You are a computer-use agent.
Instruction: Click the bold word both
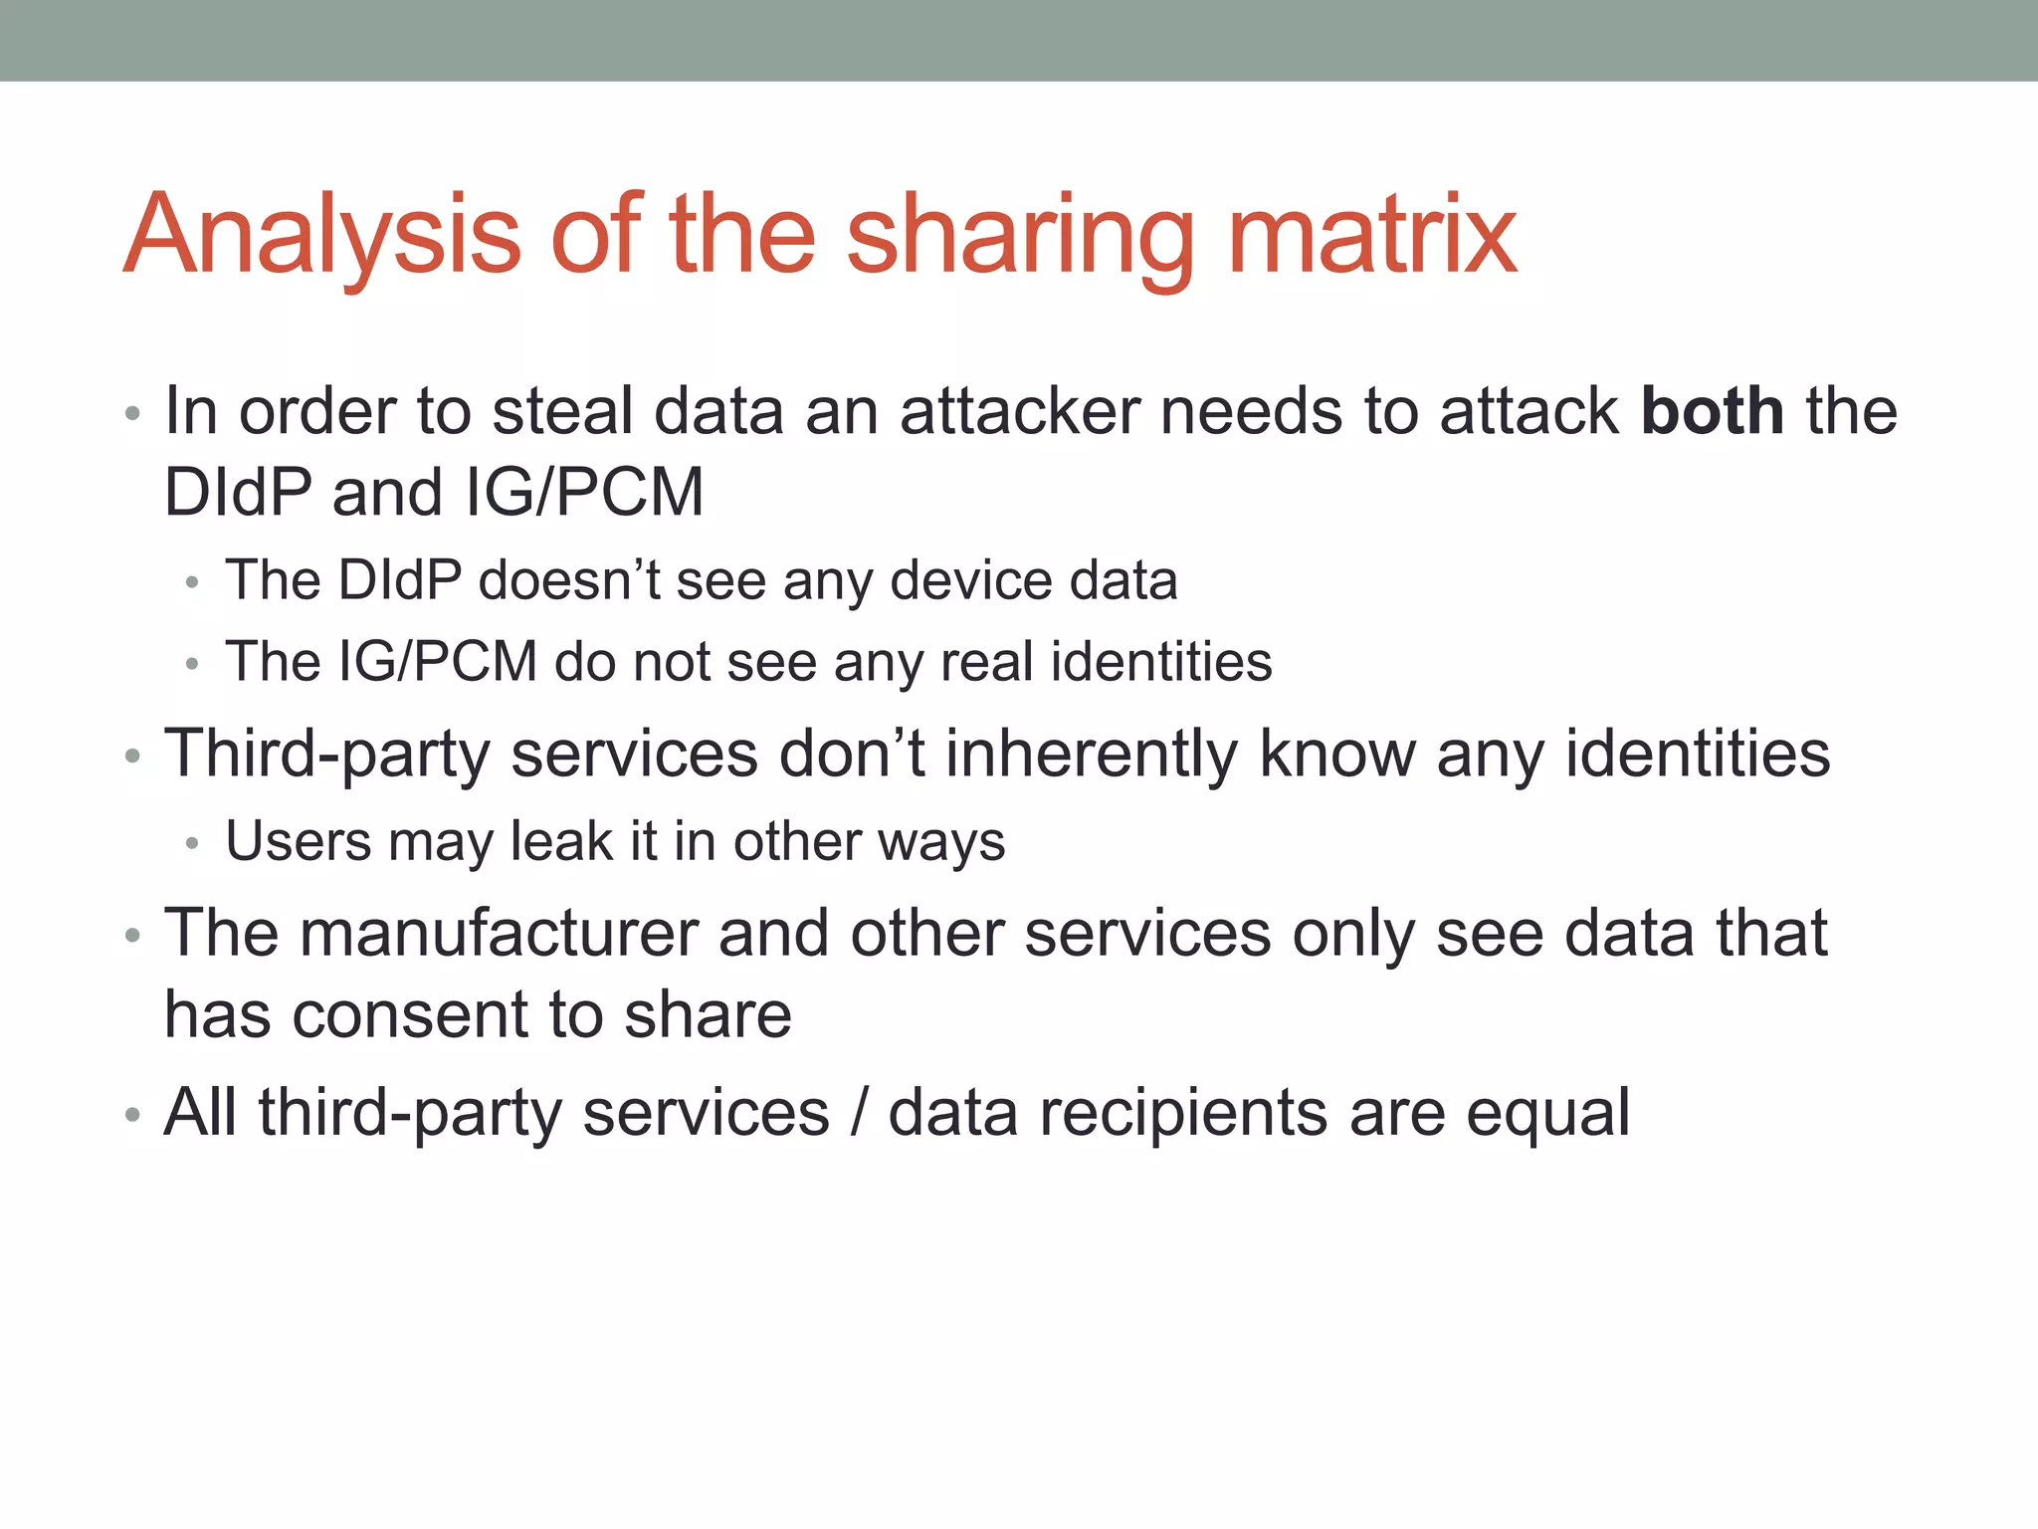(1712, 411)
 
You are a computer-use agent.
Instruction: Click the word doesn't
(569, 580)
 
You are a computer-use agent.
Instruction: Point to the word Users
(299, 841)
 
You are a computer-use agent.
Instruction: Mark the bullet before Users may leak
(192, 844)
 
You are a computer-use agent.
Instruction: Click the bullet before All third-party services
(132, 1115)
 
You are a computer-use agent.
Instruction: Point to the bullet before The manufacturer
(132, 936)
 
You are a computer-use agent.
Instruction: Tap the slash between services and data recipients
(859, 1113)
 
